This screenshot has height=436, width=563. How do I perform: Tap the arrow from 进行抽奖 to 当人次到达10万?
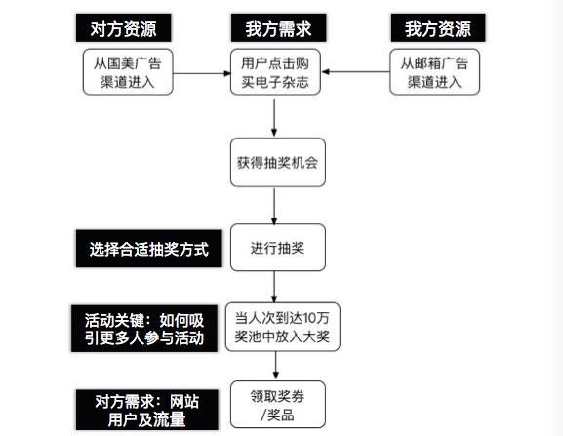pyautogui.click(x=276, y=284)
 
